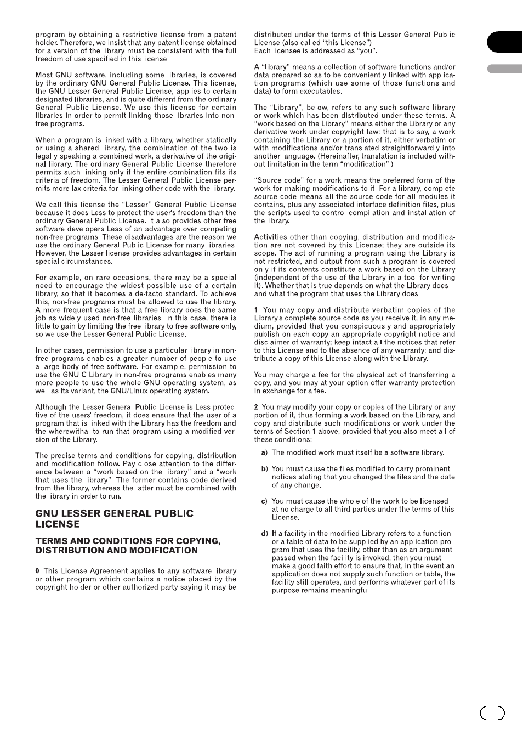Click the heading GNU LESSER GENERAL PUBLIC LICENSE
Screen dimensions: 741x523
point(114,518)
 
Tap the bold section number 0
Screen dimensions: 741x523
point(37,571)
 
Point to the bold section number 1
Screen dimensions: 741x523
point(256,310)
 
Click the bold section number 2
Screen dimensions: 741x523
point(256,407)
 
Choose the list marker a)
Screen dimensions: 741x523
point(264,452)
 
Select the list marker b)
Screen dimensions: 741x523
point(264,469)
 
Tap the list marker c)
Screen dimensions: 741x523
point(264,501)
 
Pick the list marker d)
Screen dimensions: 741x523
point(264,534)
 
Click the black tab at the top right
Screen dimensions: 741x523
point(504,42)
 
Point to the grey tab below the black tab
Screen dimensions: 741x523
point(504,69)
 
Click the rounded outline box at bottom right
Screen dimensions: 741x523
point(492,712)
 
